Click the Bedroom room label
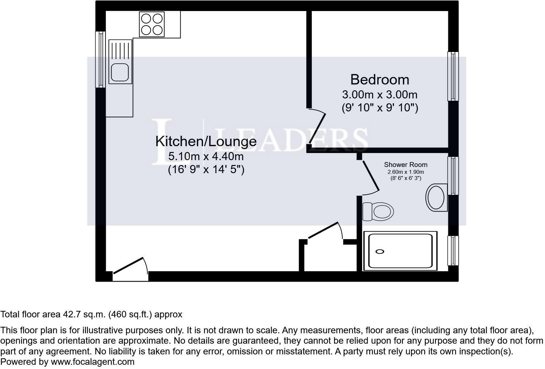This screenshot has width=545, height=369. coord(380,80)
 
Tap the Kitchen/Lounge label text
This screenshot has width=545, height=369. coord(206,142)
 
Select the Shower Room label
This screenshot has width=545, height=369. coord(406,165)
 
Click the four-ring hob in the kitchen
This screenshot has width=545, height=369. coord(152,24)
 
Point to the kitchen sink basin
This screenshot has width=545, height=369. coord(120,72)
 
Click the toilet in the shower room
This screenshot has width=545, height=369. coord(378,211)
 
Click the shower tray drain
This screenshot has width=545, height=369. coord(380,251)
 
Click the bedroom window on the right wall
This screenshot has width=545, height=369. coord(453,76)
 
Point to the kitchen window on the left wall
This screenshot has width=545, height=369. coord(100,59)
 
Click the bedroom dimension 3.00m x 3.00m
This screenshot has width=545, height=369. coord(380,95)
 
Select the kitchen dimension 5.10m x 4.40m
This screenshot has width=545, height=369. coord(206,157)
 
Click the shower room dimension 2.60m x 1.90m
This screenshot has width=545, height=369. coord(406,172)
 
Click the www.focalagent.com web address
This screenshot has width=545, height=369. coord(92,362)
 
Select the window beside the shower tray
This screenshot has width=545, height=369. coord(453,250)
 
